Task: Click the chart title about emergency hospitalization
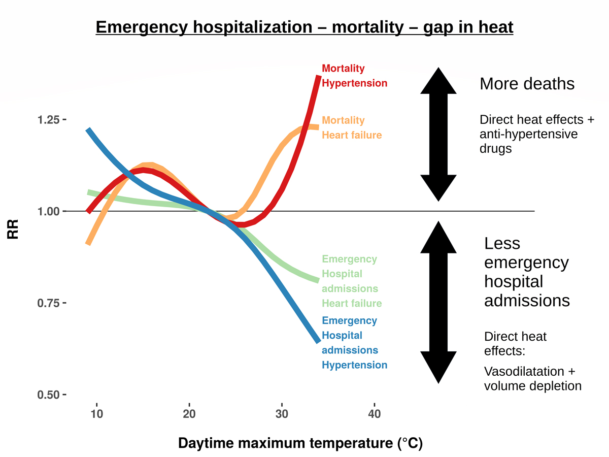click(x=304, y=27)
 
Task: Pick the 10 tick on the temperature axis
click(x=96, y=413)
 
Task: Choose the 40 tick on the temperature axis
click(x=374, y=413)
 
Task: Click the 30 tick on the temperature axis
click(x=282, y=413)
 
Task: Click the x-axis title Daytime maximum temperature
click(x=300, y=443)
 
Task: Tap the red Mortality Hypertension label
click(x=354, y=76)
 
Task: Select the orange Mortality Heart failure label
click(x=352, y=127)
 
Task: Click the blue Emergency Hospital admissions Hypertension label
click(x=354, y=343)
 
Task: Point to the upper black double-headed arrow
click(x=439, y=134)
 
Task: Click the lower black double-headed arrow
click(x=439, y=303)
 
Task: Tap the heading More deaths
click(x=527, y=84)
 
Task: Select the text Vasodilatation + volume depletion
click(x=532, y=379)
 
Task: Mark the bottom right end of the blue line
click(x=318, y=341)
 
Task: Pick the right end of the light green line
click(x=318, y=280)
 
